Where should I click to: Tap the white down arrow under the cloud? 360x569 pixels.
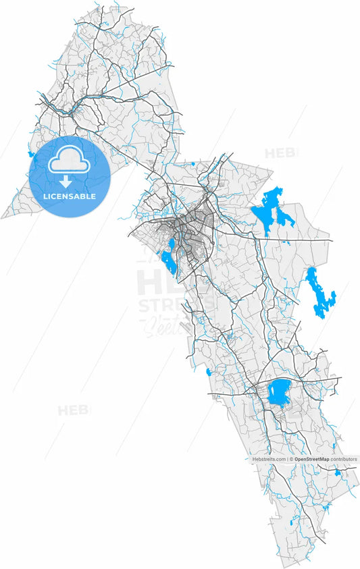(x=66, y=181)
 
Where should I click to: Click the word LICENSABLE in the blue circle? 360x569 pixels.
(x=69, y=196)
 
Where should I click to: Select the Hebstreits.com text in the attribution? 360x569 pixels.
(x=269, y=459)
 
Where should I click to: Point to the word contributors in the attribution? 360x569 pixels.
(x=343, y=459)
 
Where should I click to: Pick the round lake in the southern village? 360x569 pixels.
(x=278, y=391)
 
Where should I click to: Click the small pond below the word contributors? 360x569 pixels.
(x=338, y=472)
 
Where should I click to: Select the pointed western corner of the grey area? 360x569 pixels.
(x=3, y=217)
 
